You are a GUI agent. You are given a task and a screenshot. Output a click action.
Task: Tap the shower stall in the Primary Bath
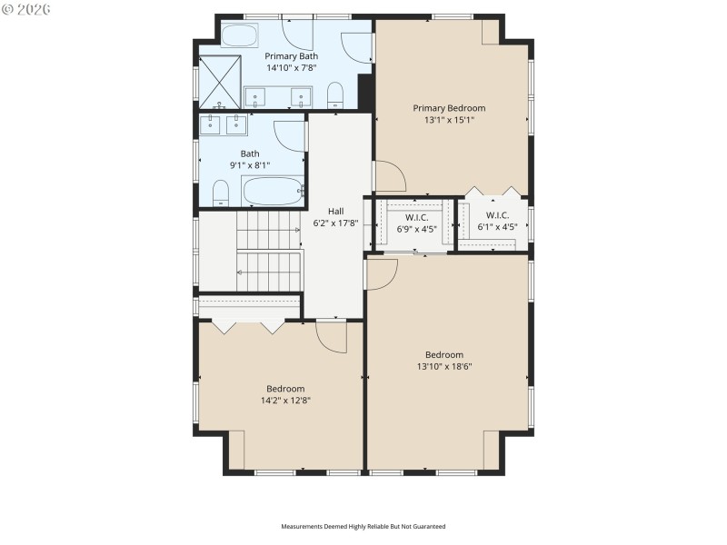click(x=220, y=82)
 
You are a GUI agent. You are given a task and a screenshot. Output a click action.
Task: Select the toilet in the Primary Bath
click(x=334, y=95)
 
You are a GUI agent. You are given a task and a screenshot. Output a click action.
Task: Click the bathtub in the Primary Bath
click(x=240, y=35)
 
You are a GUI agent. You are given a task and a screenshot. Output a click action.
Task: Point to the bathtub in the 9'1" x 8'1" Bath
click(x=273, y=192)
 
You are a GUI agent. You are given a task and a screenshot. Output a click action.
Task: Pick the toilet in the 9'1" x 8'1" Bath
click(x=220, y=192)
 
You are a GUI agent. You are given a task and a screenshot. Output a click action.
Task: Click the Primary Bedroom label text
click(x=449, y=107)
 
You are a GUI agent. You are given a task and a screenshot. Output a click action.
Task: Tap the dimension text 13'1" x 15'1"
click(x=449, y=119)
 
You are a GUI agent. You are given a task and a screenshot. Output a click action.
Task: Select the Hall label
click(x=335, y=211)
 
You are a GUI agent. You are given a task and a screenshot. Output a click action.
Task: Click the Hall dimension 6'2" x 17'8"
click(x=335, y=223)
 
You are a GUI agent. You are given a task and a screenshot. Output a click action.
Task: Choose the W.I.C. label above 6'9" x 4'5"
click(x=416, y=217)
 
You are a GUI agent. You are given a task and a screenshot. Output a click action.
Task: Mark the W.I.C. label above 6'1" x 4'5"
click(x=496, y=215)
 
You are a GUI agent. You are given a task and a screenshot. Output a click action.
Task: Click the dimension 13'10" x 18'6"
click(x=444, y=366)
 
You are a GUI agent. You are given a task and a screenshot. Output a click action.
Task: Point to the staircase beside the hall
click(x=268, y=251)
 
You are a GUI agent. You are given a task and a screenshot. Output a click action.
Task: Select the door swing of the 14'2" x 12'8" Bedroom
click(x=332, y=338)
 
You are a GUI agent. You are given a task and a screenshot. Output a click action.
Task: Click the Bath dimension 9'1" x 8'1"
click(x=250, y=165)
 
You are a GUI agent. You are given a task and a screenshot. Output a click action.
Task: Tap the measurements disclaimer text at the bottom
click(x=363, y=526)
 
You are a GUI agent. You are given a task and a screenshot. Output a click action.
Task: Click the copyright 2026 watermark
click(x=27, y=9)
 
